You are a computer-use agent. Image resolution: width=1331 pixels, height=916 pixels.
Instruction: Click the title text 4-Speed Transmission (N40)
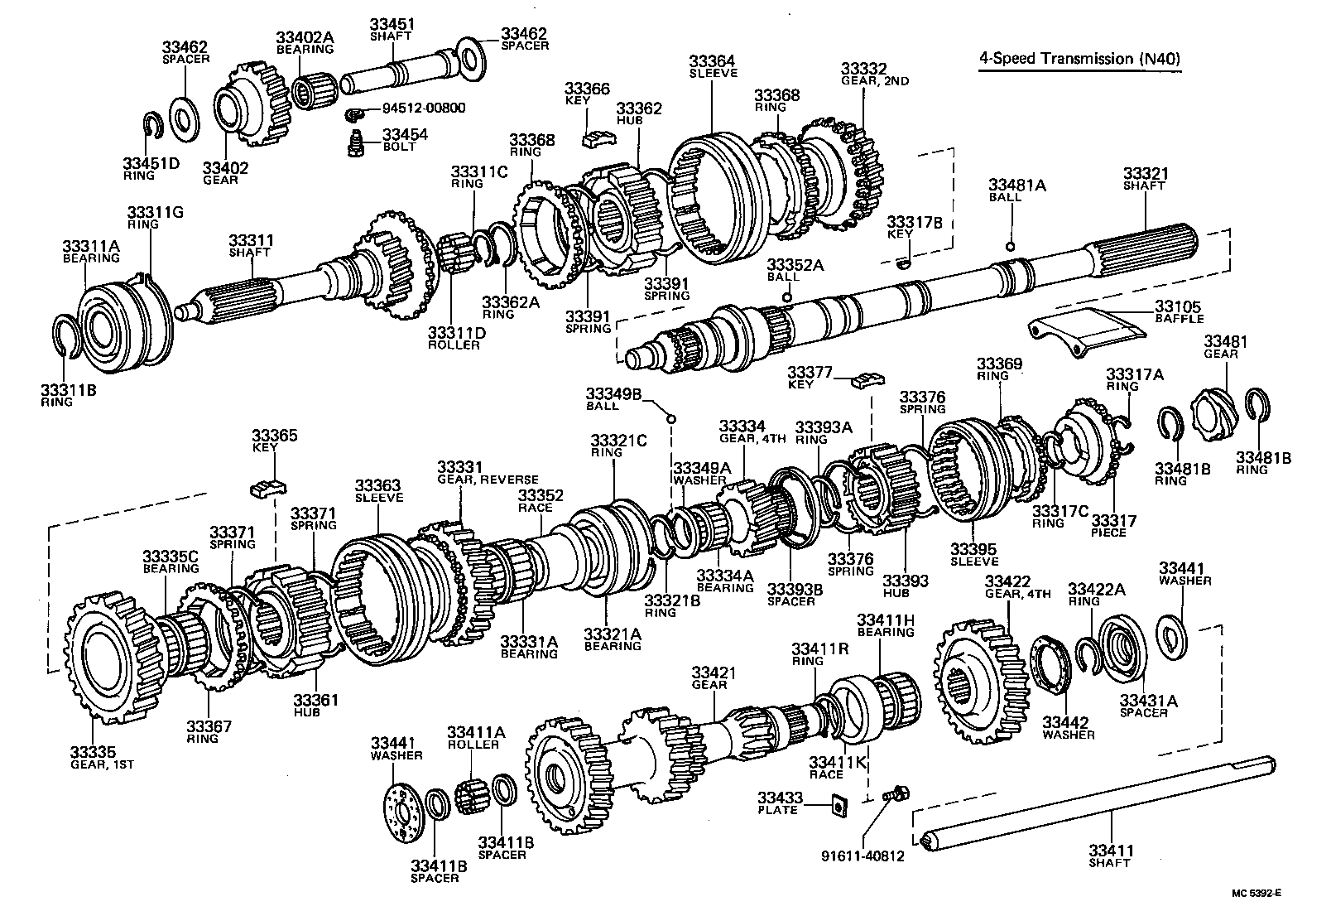[1079, 59]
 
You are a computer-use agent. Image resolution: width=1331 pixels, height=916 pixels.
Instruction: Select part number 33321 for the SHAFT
[1145, 173]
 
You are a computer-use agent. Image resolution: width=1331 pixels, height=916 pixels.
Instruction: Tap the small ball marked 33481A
[1011, 245]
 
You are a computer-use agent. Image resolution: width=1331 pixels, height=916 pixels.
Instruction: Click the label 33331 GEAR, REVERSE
[488, 473]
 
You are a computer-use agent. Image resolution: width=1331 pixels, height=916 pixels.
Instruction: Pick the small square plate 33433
[838, 802]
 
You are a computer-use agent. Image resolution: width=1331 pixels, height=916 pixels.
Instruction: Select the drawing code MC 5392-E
[1255, 893]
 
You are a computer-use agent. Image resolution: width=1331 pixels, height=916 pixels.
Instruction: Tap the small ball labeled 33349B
[672, 419]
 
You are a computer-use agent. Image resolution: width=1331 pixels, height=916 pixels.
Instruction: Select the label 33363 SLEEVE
[378, 491]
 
